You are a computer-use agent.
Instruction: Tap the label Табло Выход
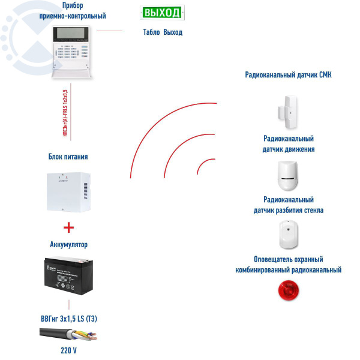click(x=163, y=32)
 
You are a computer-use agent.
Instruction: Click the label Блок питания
click(x=68, y=157)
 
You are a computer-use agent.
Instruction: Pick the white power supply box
click(x=68, y=192)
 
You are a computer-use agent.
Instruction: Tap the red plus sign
click(x=68, y=227)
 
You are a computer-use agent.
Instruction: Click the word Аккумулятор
click(x=68, y=244)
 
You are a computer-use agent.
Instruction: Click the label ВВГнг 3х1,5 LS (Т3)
click(x=68, y=317)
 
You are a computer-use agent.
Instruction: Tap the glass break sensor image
click(x=288, y=234)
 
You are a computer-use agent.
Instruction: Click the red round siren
click(x=288, y=292)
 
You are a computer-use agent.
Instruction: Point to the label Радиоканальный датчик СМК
click(x=288, y=75)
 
